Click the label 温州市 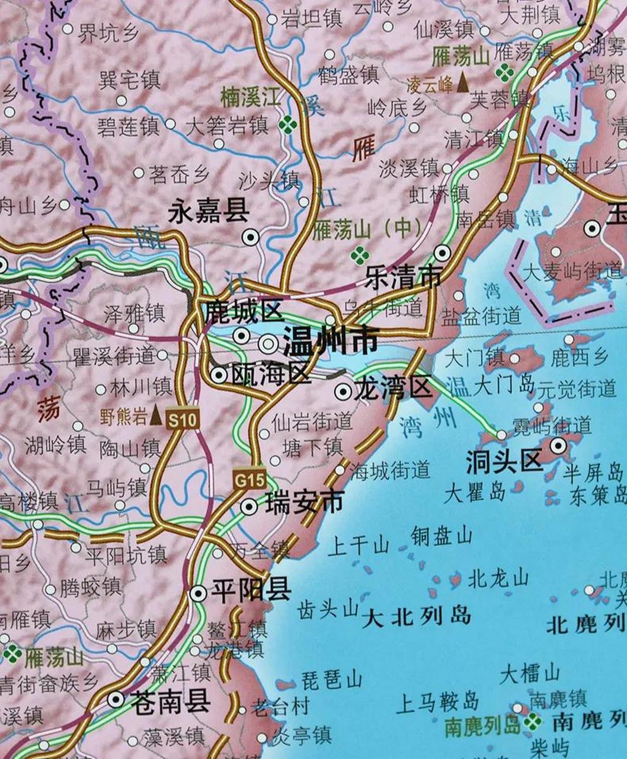click(x=330, y=343)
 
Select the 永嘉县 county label click(x=209, y=211)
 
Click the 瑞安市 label click(x=305, y=503)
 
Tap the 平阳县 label click(x=251, y=591)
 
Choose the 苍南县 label click(x=170, y=701)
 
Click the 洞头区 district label click(x=504, y=461)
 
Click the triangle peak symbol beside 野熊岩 click(x=156, y=414)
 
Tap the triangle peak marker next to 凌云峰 click(x=462, y=84)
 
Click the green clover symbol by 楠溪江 click(x=288, y=124)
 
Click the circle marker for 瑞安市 click(x=249, y=506)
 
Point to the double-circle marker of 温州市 click(x=270, y=343)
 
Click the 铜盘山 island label click(x=442, y=536)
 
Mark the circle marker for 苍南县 click(x=116, y=699)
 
